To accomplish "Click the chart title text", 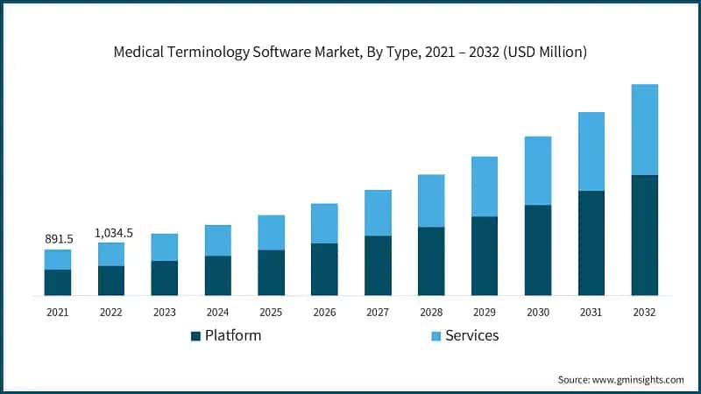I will pyautogui.click(x=350, y=53).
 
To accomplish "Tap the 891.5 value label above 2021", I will pyautogui.click(x=58, y=239).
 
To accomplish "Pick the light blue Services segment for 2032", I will pyautogui.click(x=644, y=130).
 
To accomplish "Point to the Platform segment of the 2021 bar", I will pyautogui.click(x=58, y=282).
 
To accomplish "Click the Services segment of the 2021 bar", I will pyautogui.click(x=58, y=259).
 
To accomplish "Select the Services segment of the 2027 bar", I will pyautogui.click(x=378, y=213).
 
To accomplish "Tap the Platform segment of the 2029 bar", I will pyautogui.click(x=485, y=256).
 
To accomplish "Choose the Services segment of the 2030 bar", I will pyautogui.click(x=538, y=171).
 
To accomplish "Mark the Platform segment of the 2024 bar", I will pyautogui.click(x=217, y=275).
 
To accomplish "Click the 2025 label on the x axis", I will pyautogui.click(x=271, y=312).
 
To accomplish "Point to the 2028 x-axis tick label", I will pyautogui.click(x=431, y=312).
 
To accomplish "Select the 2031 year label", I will pyautogui.click(x=591, y=312).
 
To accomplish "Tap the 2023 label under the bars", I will pyautogui.click(x=164, y=312).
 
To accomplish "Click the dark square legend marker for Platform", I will pyautogui.click(x=196, y=336).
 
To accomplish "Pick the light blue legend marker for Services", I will pyautogui.click(x=436, y=336).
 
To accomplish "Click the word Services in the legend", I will pyautogui.click(x=471, y=335).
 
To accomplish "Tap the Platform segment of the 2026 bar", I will pyautogui.click(x=324, y=269).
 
